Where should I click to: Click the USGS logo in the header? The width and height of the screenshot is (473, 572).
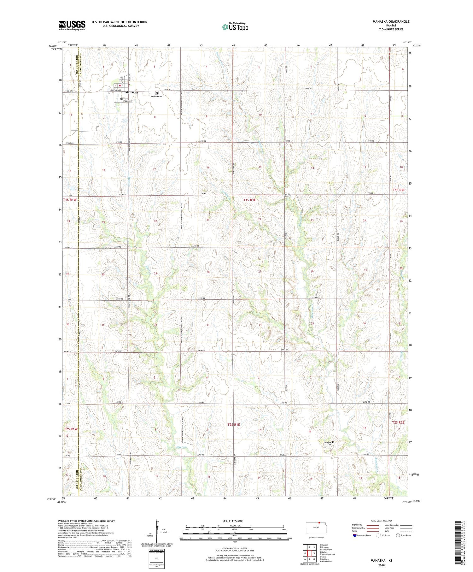[x=72, y=25]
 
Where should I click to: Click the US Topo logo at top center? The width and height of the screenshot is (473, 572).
[x=235, y=27]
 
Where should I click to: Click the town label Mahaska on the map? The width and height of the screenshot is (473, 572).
[x=131, y=92]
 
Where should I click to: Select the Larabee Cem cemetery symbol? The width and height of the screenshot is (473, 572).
[x=333, y=442]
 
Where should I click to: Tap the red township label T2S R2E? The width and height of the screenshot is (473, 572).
[x=398, y=422]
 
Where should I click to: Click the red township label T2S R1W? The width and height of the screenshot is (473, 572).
[x=71, y=429]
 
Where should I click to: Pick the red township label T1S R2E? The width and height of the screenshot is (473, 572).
[x=399, y=190]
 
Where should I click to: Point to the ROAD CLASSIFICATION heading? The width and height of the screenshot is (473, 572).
[x=382, y=521]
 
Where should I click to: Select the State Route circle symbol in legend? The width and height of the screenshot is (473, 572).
[x=398, y=535]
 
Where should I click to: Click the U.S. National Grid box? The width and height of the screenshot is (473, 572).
[x=156, y=559]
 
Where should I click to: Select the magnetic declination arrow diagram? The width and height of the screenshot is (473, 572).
[x=157, y=530]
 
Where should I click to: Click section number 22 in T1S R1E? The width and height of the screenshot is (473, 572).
[x=260, y=219]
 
